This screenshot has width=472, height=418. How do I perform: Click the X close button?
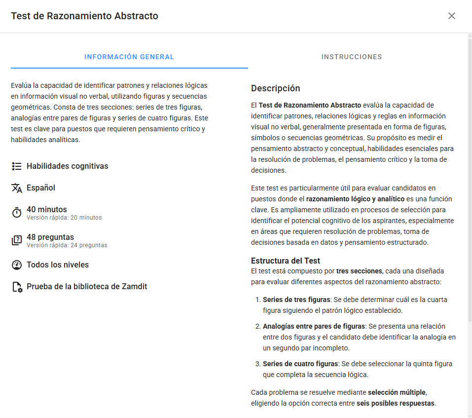pos(451,16)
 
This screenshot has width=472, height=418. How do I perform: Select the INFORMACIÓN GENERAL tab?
pos(129,57)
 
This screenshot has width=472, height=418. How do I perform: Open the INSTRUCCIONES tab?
pos(352,57)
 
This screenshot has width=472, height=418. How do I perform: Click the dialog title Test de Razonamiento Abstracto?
pos(85,16)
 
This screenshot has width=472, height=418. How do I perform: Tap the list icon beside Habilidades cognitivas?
pos(17,166)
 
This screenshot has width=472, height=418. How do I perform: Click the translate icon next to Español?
pos(17,188)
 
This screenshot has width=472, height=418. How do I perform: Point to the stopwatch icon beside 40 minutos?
pos(17,213)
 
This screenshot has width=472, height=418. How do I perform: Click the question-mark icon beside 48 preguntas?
pos(17,240)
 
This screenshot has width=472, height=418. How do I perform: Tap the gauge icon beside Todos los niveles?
pos(17,265)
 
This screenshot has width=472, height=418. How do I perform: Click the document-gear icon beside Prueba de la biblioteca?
pos(17,287)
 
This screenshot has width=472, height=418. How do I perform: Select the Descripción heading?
pos(276,88)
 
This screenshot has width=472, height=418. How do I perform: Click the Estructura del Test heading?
pos(286,261)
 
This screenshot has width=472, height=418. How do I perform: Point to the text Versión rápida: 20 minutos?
pos(64,218)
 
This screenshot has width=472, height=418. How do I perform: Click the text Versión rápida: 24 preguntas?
pos(67,245)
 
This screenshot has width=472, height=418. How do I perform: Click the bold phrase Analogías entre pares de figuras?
pos(314,326)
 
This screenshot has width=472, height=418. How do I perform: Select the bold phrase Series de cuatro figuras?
pos(300,364)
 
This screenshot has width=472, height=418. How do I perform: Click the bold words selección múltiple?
pos(397,392)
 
